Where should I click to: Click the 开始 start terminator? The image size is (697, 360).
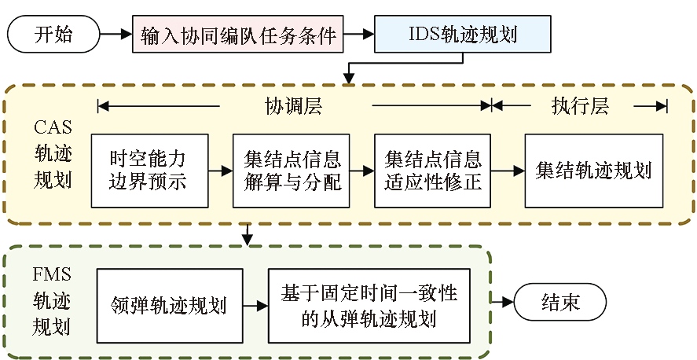(53, 34)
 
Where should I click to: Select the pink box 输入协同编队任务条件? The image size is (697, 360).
(239, 34)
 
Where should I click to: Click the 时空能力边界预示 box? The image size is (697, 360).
(149, 171)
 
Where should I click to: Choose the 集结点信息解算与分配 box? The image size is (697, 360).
(291, 171)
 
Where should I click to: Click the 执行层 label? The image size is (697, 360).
(580, 105)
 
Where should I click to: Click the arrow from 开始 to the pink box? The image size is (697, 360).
(116, 34)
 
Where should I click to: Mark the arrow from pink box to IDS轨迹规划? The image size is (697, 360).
(360, 34)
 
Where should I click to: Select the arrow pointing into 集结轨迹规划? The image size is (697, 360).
(508, 170)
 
